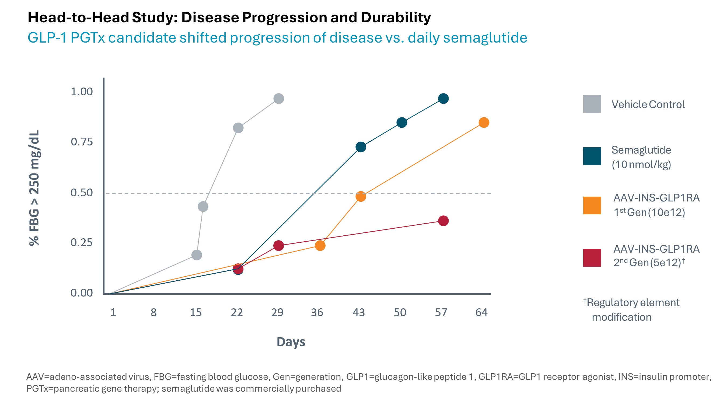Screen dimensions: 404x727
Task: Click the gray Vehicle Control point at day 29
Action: (279, 99)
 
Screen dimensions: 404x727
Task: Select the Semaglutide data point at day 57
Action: (443, 99)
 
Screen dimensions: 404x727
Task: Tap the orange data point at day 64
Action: (484, 123)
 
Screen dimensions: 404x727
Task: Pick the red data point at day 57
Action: (443, 221)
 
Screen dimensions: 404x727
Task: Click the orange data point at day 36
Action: (320, 245)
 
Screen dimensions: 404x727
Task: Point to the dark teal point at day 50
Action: (401, 123)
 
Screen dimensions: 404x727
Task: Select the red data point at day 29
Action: (279, 245)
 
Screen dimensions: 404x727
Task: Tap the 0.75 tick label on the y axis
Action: (82, 142)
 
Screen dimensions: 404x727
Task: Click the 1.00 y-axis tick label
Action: (82, 92)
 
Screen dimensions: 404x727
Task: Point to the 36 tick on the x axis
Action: (317, 312)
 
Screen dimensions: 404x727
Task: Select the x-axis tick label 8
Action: (153, 312)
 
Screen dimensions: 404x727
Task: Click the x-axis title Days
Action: (291, 342)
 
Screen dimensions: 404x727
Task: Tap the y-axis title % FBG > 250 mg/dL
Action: (34, 188)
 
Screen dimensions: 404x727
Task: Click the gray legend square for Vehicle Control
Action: (592, 104)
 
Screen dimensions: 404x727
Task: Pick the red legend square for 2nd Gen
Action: (592, 257)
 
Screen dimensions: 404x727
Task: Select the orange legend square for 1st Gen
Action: (592, 205)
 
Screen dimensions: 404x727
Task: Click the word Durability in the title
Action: (395, 18)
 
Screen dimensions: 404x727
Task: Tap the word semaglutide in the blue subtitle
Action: (485, 38)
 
